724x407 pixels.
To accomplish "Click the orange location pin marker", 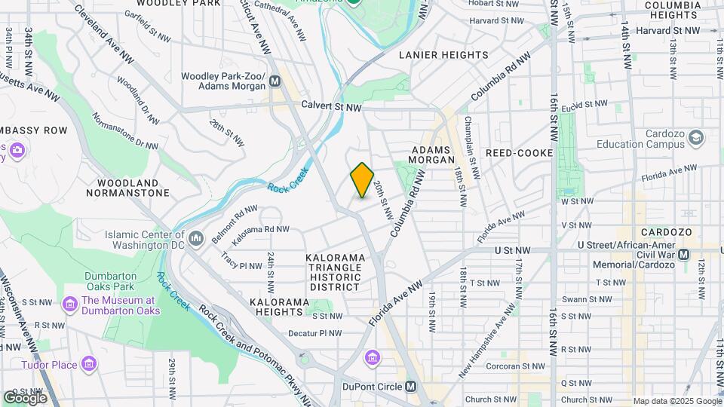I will pos(362,180).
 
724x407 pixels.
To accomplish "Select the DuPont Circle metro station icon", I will pos(410,387).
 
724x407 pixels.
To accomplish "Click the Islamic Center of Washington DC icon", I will pos(197,239).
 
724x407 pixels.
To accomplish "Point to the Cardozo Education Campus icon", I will pos(695,137).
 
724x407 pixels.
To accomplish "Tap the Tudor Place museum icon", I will pos(90,366).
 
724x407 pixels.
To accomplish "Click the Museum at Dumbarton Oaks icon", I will pos(70,305).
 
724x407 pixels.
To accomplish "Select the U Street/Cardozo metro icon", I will pos(683,254).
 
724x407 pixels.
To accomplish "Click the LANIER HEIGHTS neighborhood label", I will pos(443,55).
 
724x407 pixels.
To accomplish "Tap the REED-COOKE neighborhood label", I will pos(520,152).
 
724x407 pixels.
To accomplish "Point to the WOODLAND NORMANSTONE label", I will pos(133,188).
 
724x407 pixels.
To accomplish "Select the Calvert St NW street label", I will pos(331,107).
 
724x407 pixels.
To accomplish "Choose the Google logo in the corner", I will pos(25,397).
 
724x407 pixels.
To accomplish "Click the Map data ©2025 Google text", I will pos(676,401).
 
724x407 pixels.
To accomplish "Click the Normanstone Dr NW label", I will pos(125,132).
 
